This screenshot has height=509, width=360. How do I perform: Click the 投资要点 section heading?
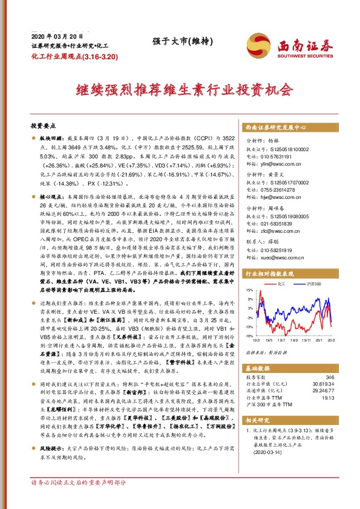pos(42,126)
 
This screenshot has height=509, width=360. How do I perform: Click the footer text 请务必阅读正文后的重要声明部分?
pos(79,499)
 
